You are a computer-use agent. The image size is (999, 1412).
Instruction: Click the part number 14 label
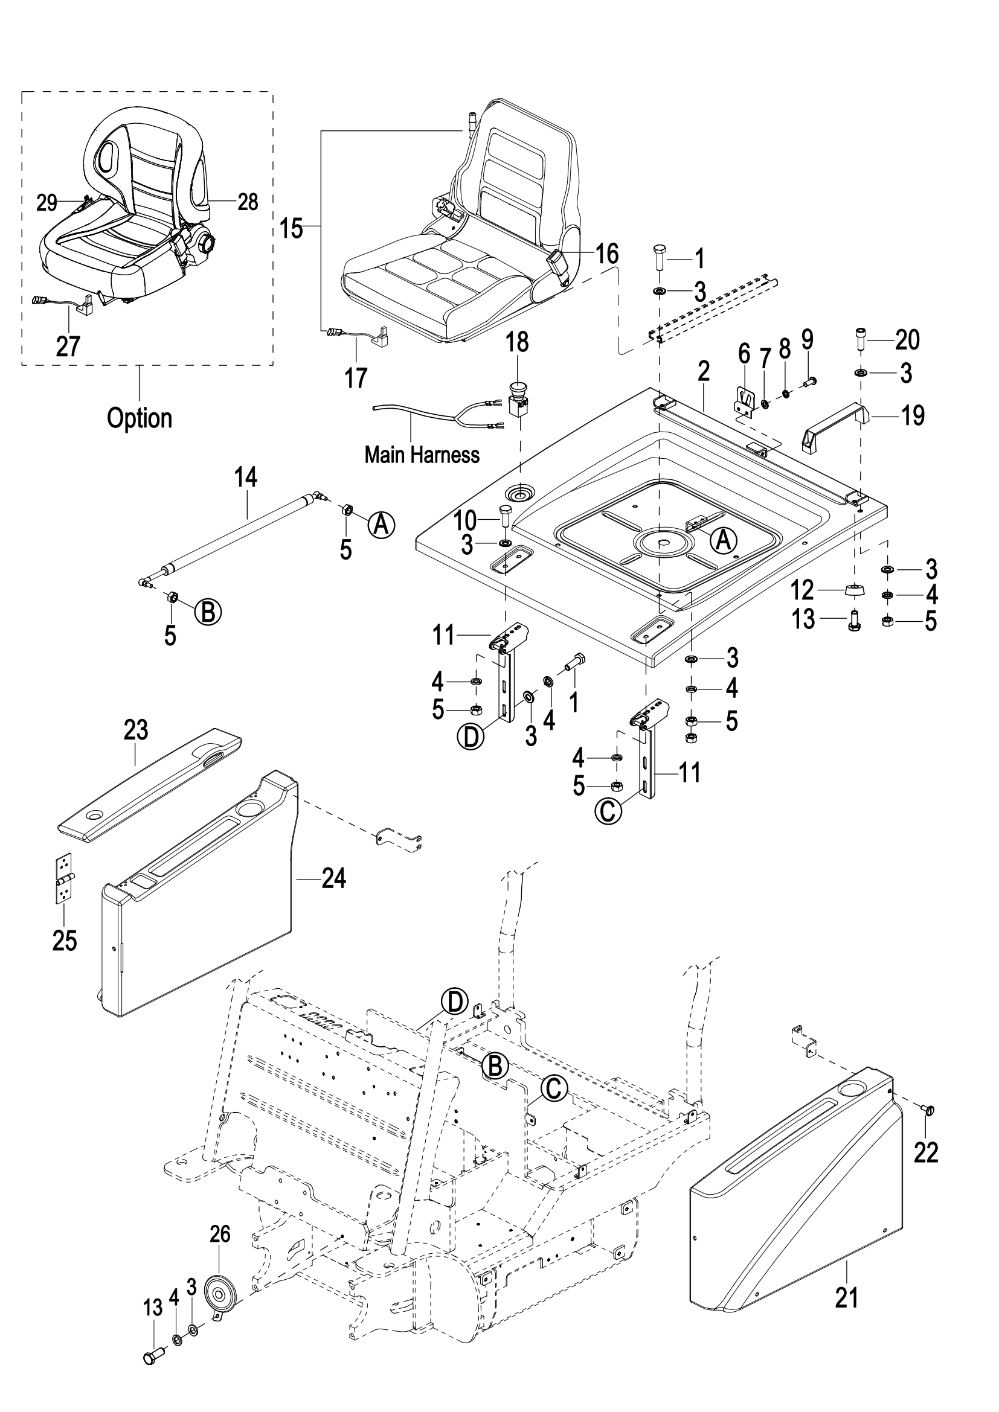click(x=245, y=478)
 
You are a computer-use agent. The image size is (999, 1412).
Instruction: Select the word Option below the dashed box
click(x=140, y=418)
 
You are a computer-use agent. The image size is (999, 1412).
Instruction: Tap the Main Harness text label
click(x=422, y=455)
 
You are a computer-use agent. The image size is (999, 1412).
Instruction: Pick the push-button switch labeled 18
click(x=518, y=397)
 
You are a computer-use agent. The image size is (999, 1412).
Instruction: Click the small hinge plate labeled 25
click(x=65, y=878)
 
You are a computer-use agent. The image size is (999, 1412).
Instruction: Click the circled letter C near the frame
click(x=553, y=1088)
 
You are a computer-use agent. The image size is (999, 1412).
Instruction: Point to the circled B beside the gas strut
click(x=208, y=612)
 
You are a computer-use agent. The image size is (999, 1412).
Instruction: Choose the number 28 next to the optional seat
click(x=247, y=202)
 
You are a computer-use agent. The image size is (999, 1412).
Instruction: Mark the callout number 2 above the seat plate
click(x=704, y=371)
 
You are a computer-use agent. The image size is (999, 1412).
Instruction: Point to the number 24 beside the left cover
click(x=333, y=879)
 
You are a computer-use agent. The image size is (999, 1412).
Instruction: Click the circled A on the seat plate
click(x=724, y=540)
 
